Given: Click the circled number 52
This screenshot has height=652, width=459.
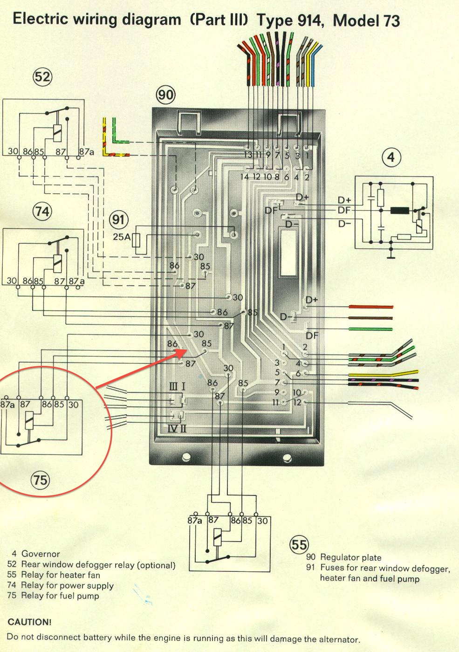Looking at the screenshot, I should (x=42, y=76).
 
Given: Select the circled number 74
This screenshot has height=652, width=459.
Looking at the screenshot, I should (x=42, y=212).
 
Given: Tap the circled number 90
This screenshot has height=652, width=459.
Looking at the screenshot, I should (x=165, y=95).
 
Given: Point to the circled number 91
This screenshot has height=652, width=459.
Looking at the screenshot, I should (x=119, y=220).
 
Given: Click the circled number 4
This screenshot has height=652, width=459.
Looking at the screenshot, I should (x=390, y=158).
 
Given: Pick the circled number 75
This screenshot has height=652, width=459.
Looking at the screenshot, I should (x=40, y=479).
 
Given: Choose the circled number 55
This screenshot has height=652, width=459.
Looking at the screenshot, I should (x=299, y=544).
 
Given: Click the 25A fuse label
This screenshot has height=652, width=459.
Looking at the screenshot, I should (x=122, y=237).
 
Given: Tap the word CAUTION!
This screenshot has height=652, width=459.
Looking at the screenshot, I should (x=30, y=622).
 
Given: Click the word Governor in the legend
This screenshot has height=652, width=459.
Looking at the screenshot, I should (x=41, y=554).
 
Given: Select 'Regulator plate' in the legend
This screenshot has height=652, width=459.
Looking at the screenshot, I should (x=350, y=557).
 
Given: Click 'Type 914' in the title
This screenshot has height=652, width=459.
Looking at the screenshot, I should (x=290, y=20).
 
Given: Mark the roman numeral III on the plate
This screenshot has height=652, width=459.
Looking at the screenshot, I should (x=173, y=386).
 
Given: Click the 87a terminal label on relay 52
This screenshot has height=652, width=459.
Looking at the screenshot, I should (x=86, y=152).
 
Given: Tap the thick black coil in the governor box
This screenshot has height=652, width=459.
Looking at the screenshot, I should (x=399, y=210).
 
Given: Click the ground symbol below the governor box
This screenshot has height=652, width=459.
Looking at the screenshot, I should (x=391, y=255).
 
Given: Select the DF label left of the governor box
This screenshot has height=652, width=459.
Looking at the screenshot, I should (x=344, y=211).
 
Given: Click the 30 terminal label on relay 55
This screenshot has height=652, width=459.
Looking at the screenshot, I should (x=262, y=521).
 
